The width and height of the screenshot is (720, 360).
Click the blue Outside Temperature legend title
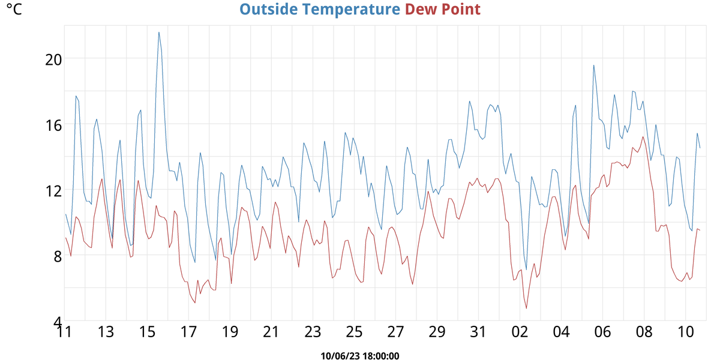(x=320, y=10)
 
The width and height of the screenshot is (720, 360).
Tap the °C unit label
(x=13, y=10)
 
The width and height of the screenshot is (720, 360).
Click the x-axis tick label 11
(x=64, y=332)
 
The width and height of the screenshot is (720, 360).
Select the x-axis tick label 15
(x=147, y=332)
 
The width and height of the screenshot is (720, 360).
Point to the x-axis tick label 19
(x=230, y=332)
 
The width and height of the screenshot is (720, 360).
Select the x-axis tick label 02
(x=520, y=332)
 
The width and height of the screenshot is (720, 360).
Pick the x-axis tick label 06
(x=602, y=332)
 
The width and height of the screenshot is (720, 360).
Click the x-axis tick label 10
(x=685, y=332)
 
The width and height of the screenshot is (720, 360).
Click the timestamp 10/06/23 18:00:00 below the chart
(x=360, y=356)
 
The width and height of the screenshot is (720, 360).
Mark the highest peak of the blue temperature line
(x=159, y=32)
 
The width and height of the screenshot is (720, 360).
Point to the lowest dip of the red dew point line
(x=527, y=308)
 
